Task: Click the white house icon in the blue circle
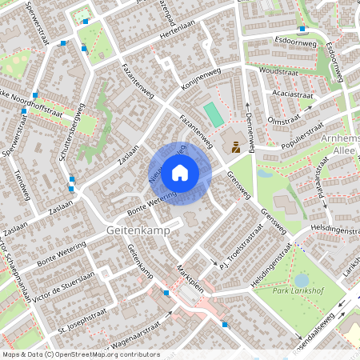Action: pyautogui.click(x=180, y=172)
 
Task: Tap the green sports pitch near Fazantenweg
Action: pyautogui.click(x=211, y=113)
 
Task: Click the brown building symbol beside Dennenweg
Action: pyautogui.click(x=236, y=146)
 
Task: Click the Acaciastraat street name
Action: pyautogui.click(x=291, y=94)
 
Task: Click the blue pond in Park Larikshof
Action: pyautogui.click(x=302, y=279)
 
